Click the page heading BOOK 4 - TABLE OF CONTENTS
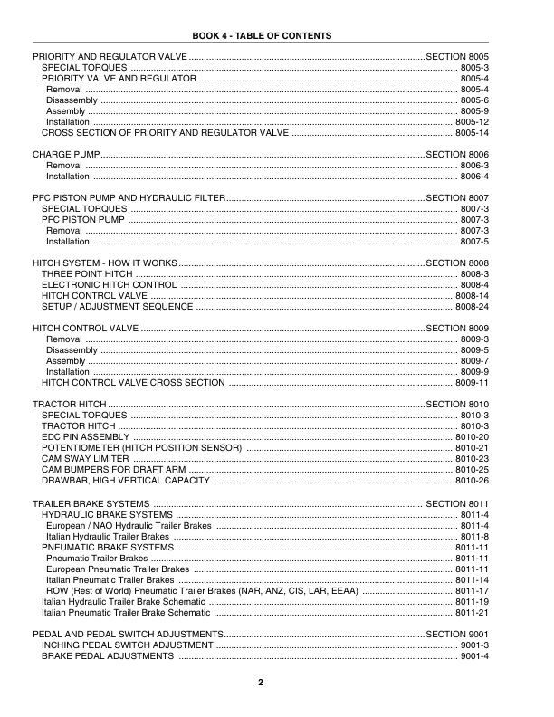[263, 36]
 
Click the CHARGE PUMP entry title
[61, 155]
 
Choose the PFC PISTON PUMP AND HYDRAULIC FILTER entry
[127, 197]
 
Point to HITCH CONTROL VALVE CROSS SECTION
[133, 383]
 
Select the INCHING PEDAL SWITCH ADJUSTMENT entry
[128, 644]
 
